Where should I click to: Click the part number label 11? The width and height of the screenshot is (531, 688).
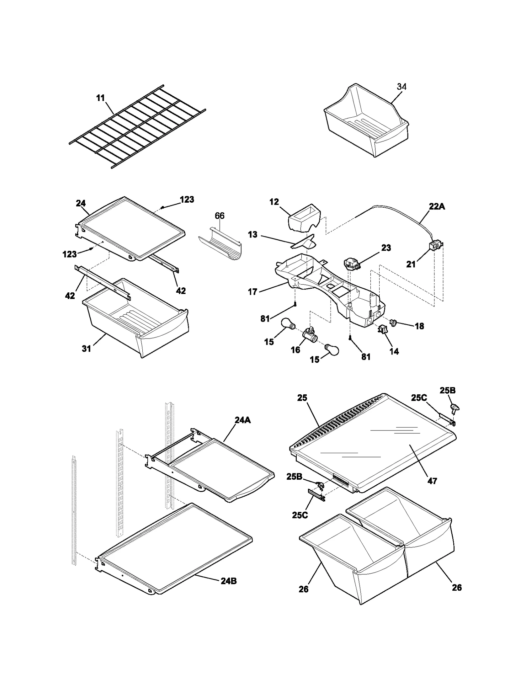point(100,98)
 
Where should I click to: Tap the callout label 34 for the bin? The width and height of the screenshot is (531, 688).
point(402,87)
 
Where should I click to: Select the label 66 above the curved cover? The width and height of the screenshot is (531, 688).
point(219,216)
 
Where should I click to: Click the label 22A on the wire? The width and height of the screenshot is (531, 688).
point(437,206)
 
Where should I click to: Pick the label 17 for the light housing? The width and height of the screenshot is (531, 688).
point(253,292)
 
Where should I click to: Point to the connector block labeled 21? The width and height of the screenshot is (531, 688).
point(434,246)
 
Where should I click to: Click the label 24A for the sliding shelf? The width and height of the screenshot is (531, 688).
point(243,420)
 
